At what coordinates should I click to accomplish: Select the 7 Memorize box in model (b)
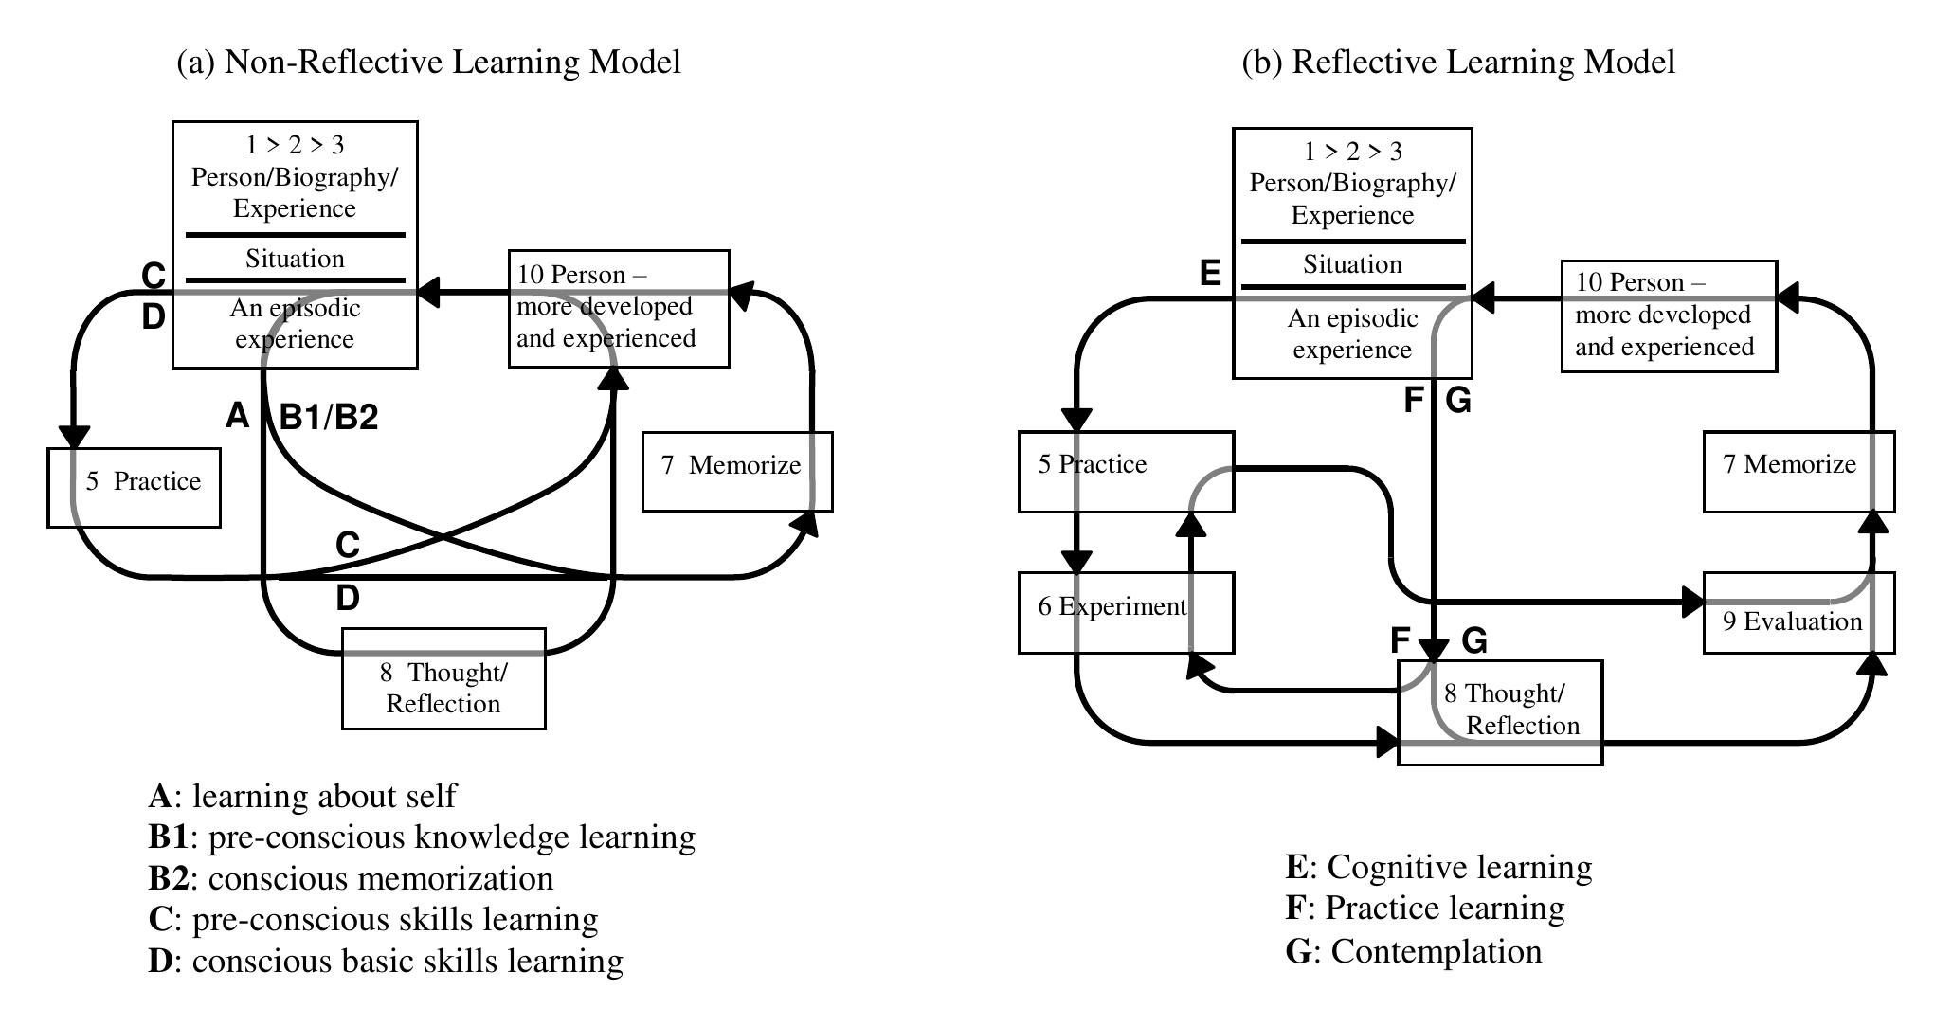1798,471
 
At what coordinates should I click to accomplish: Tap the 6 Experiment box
1125,612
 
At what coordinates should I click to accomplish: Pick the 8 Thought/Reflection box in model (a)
443,688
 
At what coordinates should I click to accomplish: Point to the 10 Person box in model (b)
1668,315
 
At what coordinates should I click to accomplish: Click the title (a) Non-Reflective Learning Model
429,62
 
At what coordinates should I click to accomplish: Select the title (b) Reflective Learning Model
1458,62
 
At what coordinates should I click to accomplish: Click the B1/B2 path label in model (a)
329,417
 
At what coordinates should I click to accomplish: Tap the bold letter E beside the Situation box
1210,274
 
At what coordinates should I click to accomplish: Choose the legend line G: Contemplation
1414,950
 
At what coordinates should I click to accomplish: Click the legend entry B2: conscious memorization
351,878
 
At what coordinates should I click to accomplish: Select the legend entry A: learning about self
302,796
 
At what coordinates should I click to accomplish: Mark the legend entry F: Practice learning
1425,908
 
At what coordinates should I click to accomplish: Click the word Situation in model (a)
295,259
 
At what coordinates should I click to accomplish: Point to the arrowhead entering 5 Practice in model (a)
74,438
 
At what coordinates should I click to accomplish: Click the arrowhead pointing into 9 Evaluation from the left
1692,602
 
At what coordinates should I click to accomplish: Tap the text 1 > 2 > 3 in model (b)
1352,152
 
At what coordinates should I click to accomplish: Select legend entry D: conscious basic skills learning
386,961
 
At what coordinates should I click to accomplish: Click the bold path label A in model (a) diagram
237,415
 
